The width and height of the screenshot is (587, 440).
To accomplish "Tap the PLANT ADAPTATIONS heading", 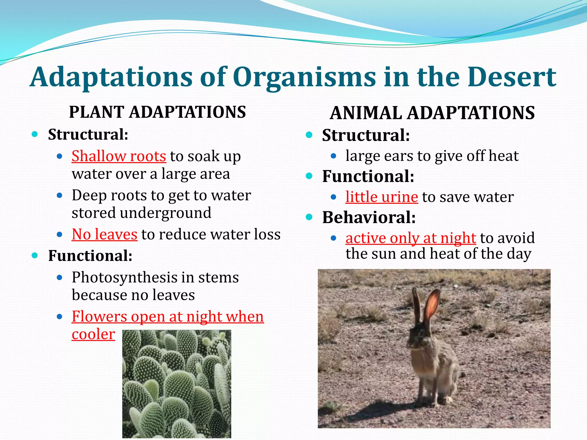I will pyautogui.click(x=157, y=112).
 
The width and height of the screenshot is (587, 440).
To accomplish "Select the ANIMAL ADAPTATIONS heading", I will pyautogui.click(x=432, y=113).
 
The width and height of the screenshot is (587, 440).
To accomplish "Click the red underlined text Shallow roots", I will pyautogui.click(x=119, y=156).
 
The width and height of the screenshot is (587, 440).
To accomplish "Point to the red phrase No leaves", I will pyautogui.click(x=104, y=235).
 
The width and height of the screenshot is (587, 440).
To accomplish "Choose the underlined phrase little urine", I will pyautogui.click(x=381, y=197).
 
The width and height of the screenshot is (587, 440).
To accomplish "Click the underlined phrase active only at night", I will pyautogui.click(x=410, y=238).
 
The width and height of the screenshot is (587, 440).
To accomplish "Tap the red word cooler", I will pyautogui.click(x=93, y=334).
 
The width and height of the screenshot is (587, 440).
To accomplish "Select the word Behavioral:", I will pyautogui.click(x=369, y=217).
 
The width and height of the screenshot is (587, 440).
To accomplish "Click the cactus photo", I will pyautogui.click(x=177, y=384).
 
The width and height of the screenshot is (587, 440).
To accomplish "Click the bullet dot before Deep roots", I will pyautogui.click(x=60, y=196).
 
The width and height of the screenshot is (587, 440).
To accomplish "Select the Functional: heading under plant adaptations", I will pyautogui.click(x=90, y=256).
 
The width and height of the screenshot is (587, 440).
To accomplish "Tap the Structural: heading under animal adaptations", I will pyautogui.click(x=366, y=135).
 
